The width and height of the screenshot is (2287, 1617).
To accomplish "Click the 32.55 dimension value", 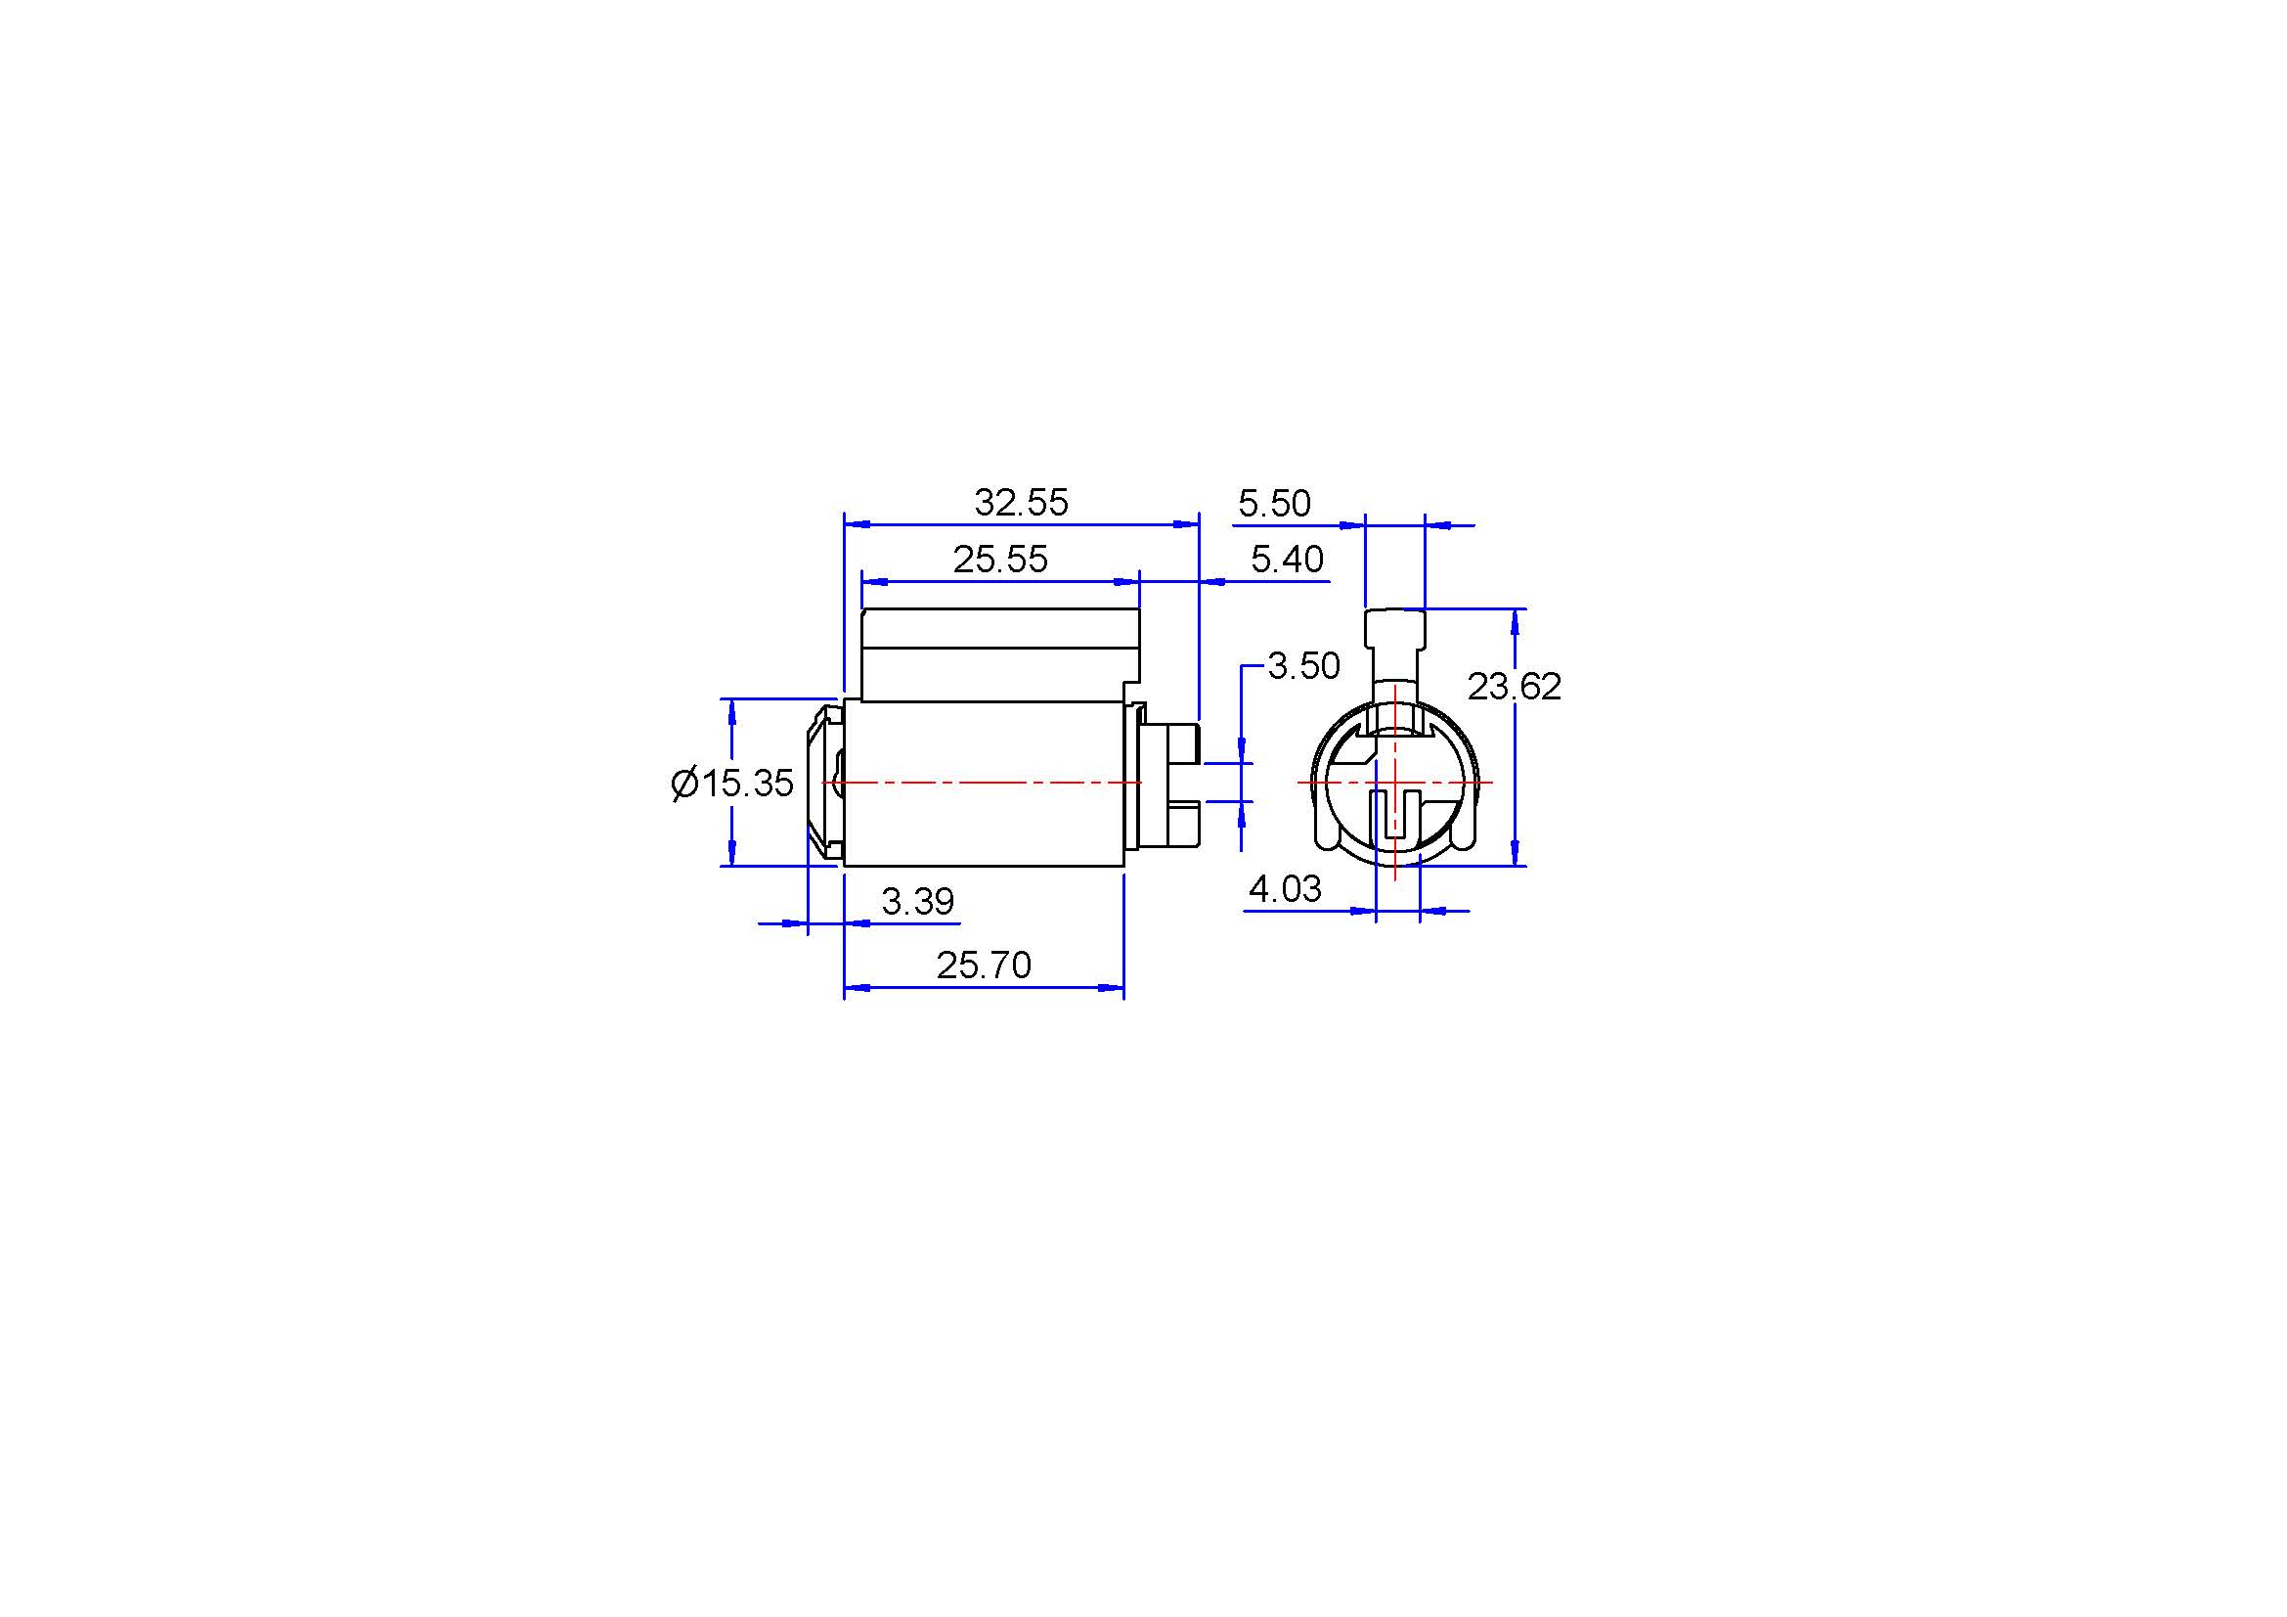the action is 1021,503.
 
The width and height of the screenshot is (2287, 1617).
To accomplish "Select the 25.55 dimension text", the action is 1000,560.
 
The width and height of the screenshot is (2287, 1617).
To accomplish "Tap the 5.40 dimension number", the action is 1287,560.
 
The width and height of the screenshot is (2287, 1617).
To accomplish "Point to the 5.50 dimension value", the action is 1274,504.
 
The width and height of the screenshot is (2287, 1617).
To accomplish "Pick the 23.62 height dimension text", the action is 1514,687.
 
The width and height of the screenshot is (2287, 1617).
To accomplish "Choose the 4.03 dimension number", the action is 1285,888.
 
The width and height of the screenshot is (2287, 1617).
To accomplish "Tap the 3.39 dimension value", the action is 917,902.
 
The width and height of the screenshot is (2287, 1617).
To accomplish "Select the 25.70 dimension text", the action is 983,966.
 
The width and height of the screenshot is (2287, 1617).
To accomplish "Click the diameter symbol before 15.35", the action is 684,785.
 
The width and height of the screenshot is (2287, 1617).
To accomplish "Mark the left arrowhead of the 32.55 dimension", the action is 857,523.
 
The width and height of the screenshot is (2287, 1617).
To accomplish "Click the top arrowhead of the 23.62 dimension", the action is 1515,622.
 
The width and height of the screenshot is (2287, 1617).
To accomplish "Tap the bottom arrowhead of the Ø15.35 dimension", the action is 732,853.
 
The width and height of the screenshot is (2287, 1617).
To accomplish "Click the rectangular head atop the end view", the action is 1394,630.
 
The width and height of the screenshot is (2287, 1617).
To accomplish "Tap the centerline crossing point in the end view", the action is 1395,784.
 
